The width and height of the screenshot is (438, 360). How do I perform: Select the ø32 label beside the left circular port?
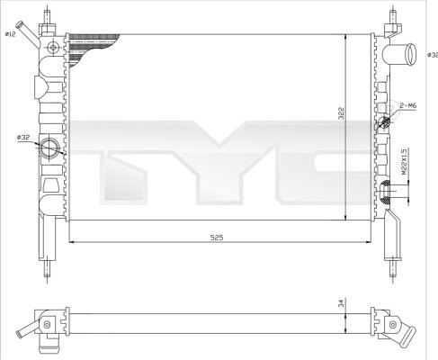tap(22, 137)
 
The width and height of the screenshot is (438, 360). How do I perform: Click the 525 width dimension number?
tap(217, 237)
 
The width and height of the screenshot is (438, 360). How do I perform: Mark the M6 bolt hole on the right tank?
tap(387, 122)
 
